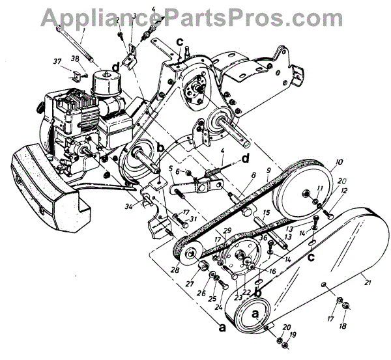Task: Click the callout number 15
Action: [267, 213]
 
